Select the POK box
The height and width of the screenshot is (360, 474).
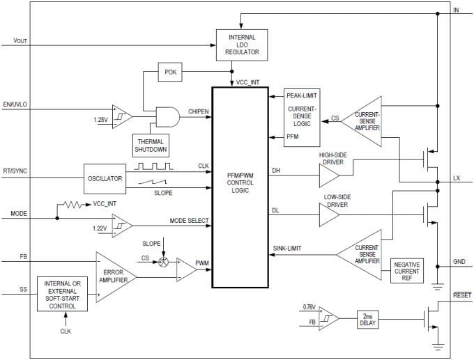(170, 72)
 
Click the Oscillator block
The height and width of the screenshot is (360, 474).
(105, 179)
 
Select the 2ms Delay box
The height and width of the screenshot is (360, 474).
(367, 319)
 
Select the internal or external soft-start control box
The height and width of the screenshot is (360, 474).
(66, 294)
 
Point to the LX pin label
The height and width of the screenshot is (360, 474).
(457, 178)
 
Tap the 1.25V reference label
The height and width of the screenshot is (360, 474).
(101, 120)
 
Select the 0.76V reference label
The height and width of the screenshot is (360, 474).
(309, 307)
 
